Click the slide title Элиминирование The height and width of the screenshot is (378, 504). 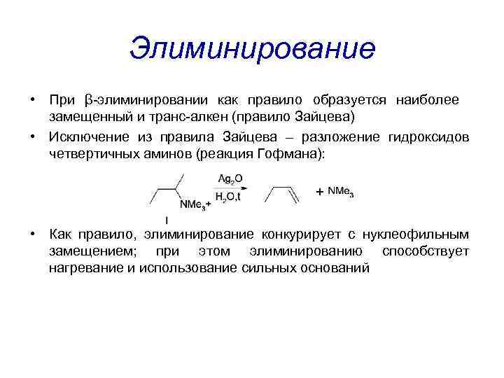(252, 48)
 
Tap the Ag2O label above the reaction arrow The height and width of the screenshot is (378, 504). (229, 179)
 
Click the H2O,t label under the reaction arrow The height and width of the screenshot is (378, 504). (229, 197)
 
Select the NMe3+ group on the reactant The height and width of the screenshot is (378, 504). (195, 204)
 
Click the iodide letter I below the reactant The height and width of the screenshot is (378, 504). (166, 221)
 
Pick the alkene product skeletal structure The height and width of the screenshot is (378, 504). (283, 194)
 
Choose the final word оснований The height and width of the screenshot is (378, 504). (336, 267)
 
